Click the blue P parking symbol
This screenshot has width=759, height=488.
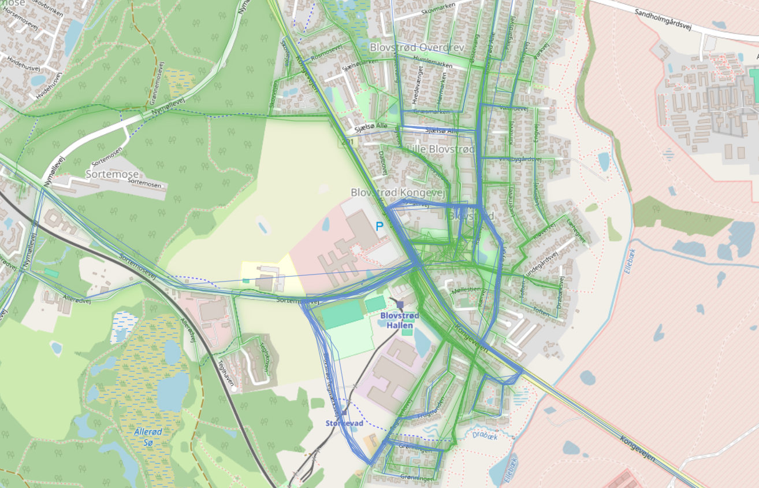(380, 227)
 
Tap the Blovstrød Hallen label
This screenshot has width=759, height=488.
(400, 320)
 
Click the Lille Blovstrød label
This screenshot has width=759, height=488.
(441, 149)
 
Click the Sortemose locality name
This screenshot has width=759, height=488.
(112, 174)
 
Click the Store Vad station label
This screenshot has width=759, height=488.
(344, 423)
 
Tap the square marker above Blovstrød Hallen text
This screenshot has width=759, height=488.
(400, 304)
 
